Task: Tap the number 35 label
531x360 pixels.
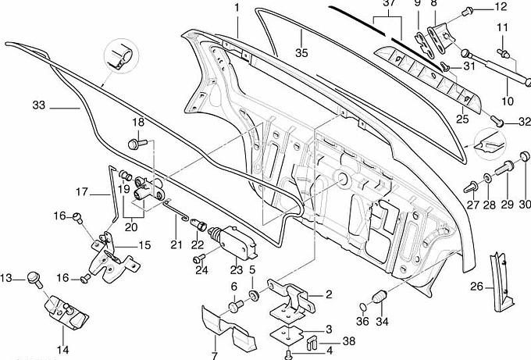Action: (x=301, y=54)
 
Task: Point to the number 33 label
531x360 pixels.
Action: (x=40, y=105)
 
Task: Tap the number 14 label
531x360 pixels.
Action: (x=61, y=350)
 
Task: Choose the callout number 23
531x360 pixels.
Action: (x=237, y=269)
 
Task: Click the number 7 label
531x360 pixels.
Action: (x=215, y=355)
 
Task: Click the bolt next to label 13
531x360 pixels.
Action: (x=34, y=276)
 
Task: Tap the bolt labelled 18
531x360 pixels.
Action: (x=137, y=144)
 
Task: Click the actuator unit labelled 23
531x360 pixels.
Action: (x=232, y=241)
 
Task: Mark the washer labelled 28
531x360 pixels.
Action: (x=489, y=179)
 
